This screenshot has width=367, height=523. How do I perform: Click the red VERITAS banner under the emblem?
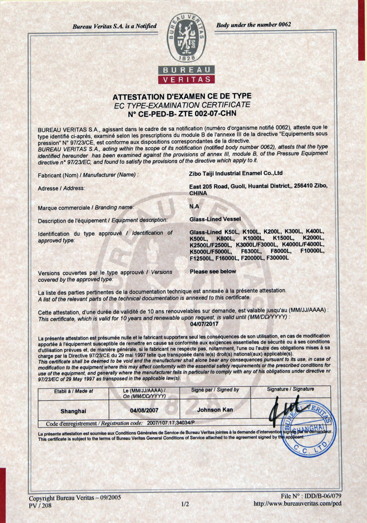[x=186, y=79]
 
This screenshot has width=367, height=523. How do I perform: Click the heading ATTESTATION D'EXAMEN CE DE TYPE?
[x=182, y=96]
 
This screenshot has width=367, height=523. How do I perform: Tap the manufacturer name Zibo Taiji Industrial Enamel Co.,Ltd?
[x=236, y=173]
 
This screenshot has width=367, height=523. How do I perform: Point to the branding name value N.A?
[x=194, y=207]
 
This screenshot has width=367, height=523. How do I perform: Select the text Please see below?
[x=213, y=271]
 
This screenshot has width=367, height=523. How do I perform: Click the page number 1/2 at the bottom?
[x=185, y=504]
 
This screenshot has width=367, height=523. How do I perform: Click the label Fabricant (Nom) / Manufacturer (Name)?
[x=88, y=175]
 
